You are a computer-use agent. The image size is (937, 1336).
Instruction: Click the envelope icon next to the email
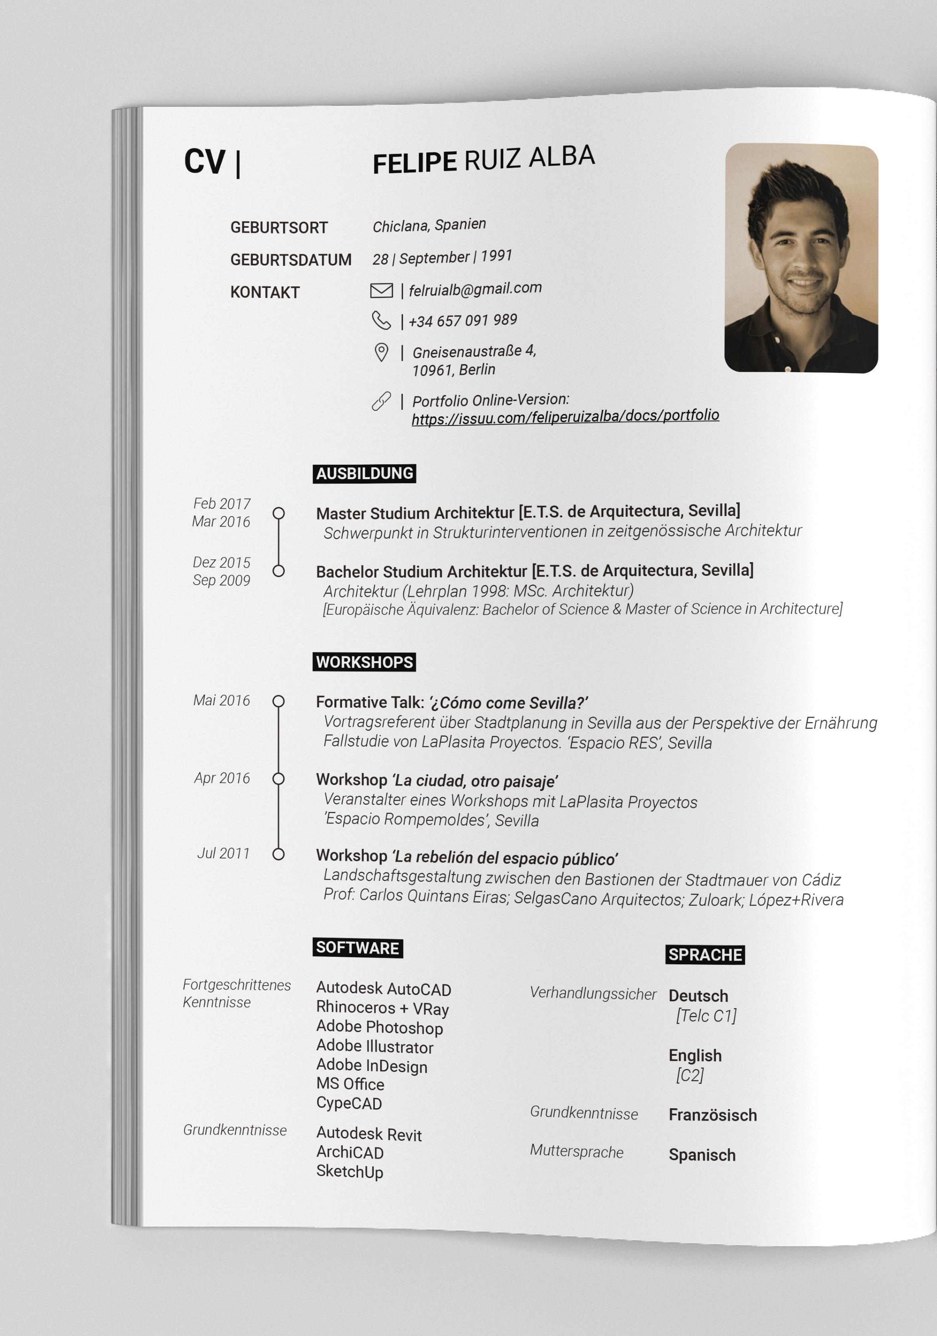pyautogui.click(x=381, y=290)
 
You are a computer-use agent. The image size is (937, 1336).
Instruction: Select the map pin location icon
pyautogui.click(x=381, y=352)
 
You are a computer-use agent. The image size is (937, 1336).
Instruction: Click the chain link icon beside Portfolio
pyautogui.click(x=381, y=401)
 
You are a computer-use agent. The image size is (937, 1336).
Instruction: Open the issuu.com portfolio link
pyautogui.click(x=565, y=416)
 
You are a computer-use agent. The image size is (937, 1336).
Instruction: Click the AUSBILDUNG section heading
pyautogui.click(x=364, y=474)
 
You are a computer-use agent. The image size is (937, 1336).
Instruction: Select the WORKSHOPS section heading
pyautogui.click(x=364, y=662)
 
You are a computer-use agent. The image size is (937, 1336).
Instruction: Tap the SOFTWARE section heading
pyautogui.click(x=357, y=948)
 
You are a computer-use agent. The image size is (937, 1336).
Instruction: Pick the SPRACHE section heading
pyautogui.click(x=705, y=955)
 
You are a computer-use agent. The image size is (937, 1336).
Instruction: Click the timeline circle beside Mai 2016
pyautogui.click(x=279, y=701)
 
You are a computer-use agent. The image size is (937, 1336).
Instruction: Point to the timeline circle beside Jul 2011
pyautogui.click(x=279, y=854)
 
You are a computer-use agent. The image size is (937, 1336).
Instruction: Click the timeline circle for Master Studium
pyautogui.click(x=279, y=513)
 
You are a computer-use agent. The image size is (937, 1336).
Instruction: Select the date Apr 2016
pyautogui.click(x=222, y=778)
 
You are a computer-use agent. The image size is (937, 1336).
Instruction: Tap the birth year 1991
pyautogui.click(x=496, y=256)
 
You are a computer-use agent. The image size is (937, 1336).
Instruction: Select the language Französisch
pyautogui.click(x=712, y=1115)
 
